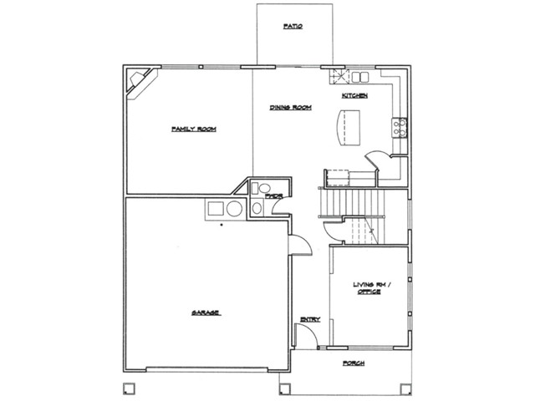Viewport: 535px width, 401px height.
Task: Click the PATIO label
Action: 293,26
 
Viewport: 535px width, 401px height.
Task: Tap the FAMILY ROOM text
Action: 194,129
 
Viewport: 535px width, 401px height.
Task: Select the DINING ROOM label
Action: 291,108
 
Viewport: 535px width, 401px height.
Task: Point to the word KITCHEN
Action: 354,95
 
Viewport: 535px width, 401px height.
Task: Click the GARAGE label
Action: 206,312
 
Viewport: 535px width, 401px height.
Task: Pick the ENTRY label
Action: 310,319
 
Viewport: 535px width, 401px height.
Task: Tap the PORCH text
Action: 354,363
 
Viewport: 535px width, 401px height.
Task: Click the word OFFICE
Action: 369,292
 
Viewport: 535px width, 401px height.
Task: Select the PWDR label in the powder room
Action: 274,195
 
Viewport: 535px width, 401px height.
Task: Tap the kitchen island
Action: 349,128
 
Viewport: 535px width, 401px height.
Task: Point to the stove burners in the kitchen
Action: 400,128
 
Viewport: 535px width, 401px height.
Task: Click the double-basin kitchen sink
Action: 360,77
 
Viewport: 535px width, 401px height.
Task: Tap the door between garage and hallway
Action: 300,245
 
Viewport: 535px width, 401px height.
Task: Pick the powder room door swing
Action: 281,206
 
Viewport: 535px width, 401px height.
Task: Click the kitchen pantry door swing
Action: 377,160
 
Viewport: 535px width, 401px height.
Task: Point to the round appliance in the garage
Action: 234,208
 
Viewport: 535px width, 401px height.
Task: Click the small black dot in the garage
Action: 222,225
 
